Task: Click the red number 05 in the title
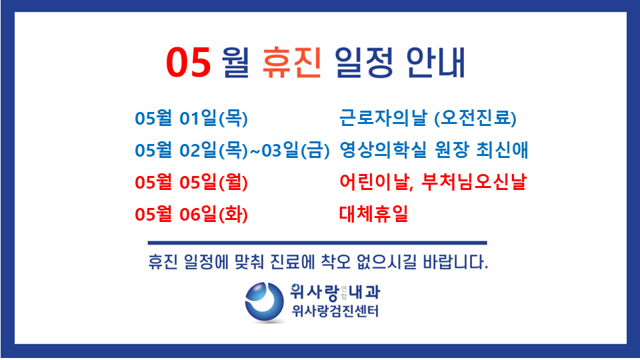pos(188,62)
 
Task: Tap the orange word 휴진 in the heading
pos(292,62)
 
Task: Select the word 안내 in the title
pos(435,62)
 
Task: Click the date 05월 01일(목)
pos(191,119)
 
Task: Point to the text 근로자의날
pos(383,117)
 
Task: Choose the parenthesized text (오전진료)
pos(475,119)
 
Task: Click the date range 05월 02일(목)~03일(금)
pos(232,150)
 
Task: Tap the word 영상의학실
pos(383,150)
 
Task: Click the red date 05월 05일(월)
pos(191,182)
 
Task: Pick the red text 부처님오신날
pos(473,181)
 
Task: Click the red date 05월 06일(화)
pos(191,214)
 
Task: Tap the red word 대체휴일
pos(373,213)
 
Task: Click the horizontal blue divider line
pos(317,243)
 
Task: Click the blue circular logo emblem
pos(265,302)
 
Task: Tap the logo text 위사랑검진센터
pos(335,311)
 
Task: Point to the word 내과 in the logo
pos(365,292)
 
